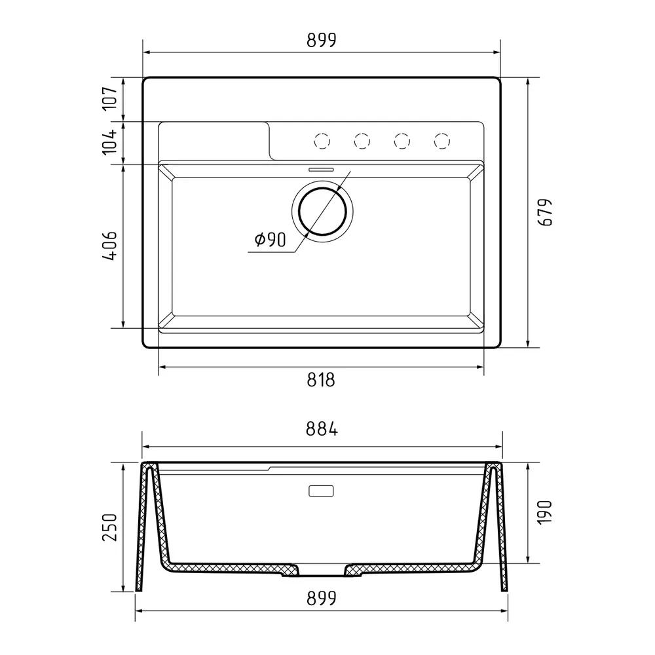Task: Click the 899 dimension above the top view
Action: point(321,41)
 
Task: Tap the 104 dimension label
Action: point(110,142)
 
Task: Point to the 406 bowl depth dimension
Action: point(110,246)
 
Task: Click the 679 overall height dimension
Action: point(546,212)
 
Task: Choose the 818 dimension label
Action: point(321,379)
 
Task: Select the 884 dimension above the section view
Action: point(321,430)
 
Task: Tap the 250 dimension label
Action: point(110,527)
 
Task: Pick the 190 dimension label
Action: point(546,513)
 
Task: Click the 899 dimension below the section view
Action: point(321,598)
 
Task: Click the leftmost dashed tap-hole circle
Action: point(322,140)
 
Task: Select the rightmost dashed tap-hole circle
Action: point(443,140)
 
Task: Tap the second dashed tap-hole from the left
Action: point(362,140)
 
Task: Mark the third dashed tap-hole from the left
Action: point(402,140)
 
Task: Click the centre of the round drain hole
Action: point(322,211)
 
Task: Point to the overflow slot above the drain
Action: point(321,168)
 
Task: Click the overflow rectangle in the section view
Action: point(321,491)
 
